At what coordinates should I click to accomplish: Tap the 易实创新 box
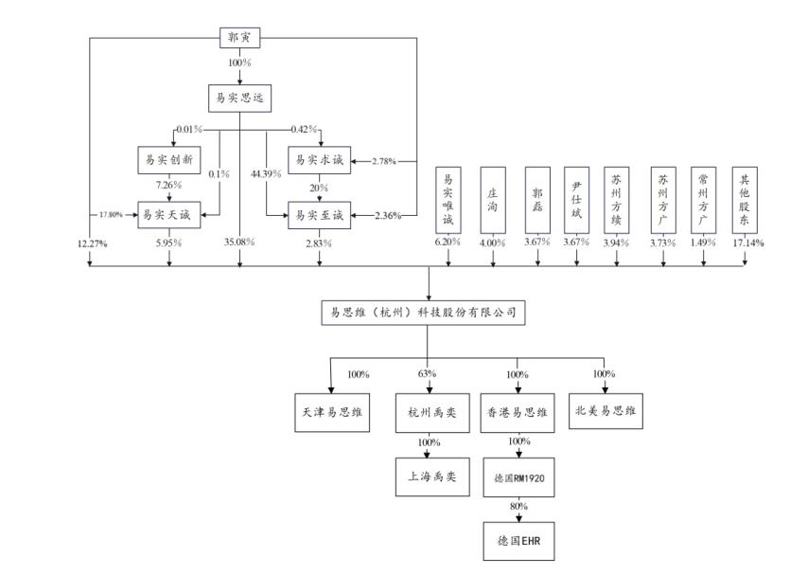point(169,160)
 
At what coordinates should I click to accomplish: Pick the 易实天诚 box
point(169,214)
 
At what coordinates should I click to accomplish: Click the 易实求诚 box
point(319,160)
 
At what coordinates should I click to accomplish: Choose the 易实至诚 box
point(319,214)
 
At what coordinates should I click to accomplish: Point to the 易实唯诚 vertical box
point(448,201)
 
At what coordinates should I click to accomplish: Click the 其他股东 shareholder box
point(745,201)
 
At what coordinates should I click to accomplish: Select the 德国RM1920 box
point(517,477)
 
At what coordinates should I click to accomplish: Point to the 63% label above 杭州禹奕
point(428,374)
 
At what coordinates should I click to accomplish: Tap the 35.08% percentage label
point(239,243)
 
